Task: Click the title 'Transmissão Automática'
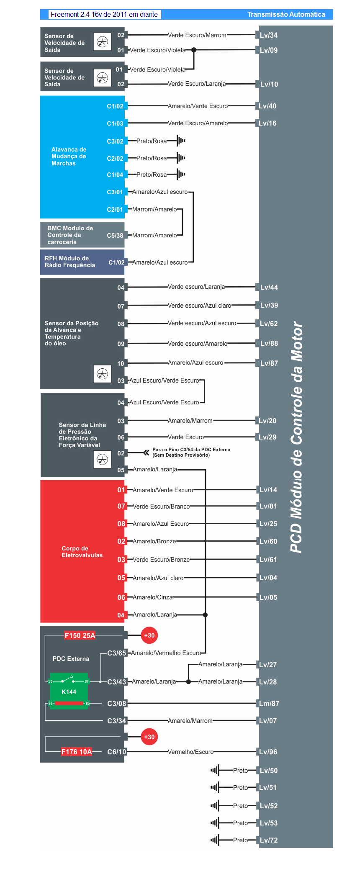(286, 14)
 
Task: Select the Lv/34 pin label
(268, 35)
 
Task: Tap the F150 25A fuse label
(80, 635)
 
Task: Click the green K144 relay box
(69, 691)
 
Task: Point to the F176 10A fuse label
(77, 752)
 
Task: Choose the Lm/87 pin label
(269, 704)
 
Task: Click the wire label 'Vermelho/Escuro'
(190, 752)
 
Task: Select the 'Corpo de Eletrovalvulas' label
(82, 552)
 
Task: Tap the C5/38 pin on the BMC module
(115, 236)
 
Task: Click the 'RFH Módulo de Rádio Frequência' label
(70, 262)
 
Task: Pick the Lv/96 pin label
(268, 752)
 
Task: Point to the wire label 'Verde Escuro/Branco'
(161, 506)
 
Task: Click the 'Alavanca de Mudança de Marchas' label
(69, 157)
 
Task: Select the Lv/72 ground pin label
(268, 840)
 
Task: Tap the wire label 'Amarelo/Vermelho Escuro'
(166, 653)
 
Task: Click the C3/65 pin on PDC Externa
(116, 653)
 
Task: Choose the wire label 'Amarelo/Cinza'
(152, 597)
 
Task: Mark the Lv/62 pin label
(268, 324)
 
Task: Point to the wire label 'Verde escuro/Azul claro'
(199, 306)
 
